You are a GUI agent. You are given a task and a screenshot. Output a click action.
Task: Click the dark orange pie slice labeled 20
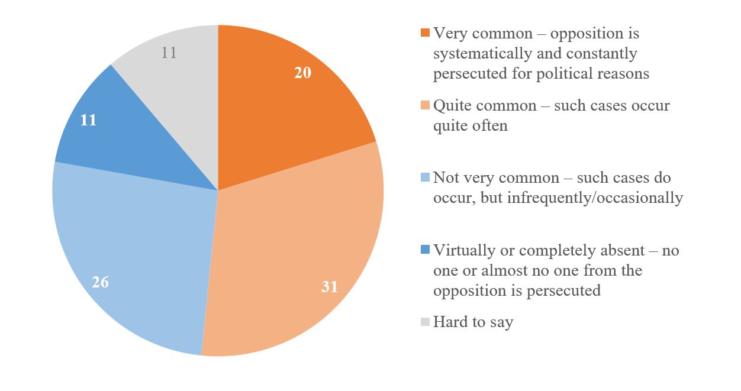[278, 112]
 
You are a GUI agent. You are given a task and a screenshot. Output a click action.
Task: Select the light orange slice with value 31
[296, 248]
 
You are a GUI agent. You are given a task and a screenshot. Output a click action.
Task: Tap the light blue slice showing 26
[136, 248]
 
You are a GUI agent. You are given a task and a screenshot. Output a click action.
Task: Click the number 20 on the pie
[302, 73]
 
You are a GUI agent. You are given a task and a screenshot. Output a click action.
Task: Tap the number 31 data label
[329, 287]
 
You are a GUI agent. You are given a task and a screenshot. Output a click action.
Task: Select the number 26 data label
[101, 282]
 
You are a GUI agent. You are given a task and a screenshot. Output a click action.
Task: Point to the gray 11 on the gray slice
[169, 53]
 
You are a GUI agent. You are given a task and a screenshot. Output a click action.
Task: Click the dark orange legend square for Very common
[425, 34]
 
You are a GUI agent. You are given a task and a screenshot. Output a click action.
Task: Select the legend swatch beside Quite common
[425, 106]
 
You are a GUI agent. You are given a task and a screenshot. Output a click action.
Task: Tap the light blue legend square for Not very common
[425, 179]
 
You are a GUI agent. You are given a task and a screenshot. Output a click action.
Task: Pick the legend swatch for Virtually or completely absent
[425, 251]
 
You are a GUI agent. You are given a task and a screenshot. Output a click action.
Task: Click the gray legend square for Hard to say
[425, 322]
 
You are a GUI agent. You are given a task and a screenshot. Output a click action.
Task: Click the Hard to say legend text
[473, 322]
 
